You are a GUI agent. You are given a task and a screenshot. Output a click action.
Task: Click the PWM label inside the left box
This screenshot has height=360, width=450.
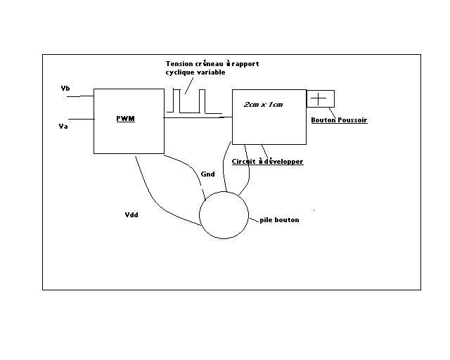[x=125, y=118]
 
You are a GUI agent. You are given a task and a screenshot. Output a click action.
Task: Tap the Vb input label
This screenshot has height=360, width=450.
[x=65, y=88]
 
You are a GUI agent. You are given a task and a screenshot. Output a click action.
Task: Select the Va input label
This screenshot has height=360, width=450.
[x=63, y=126]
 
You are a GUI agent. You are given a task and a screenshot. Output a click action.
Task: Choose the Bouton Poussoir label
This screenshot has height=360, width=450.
[x=339, y=120]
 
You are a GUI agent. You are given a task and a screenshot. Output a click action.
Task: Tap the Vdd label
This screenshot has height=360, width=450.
[x=131, y=215]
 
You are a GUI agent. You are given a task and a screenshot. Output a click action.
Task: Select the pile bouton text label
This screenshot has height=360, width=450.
[x=279, y=220]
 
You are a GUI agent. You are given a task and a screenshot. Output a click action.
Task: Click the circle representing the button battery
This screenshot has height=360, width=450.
[x=224, y=217]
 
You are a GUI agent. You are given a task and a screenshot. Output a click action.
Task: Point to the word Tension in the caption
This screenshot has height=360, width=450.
[x=180, y=64]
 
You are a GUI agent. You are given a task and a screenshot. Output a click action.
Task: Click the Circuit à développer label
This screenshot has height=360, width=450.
[x=267, y=162]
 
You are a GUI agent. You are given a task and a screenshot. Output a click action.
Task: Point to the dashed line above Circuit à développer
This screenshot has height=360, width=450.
[x=264, y=151]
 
